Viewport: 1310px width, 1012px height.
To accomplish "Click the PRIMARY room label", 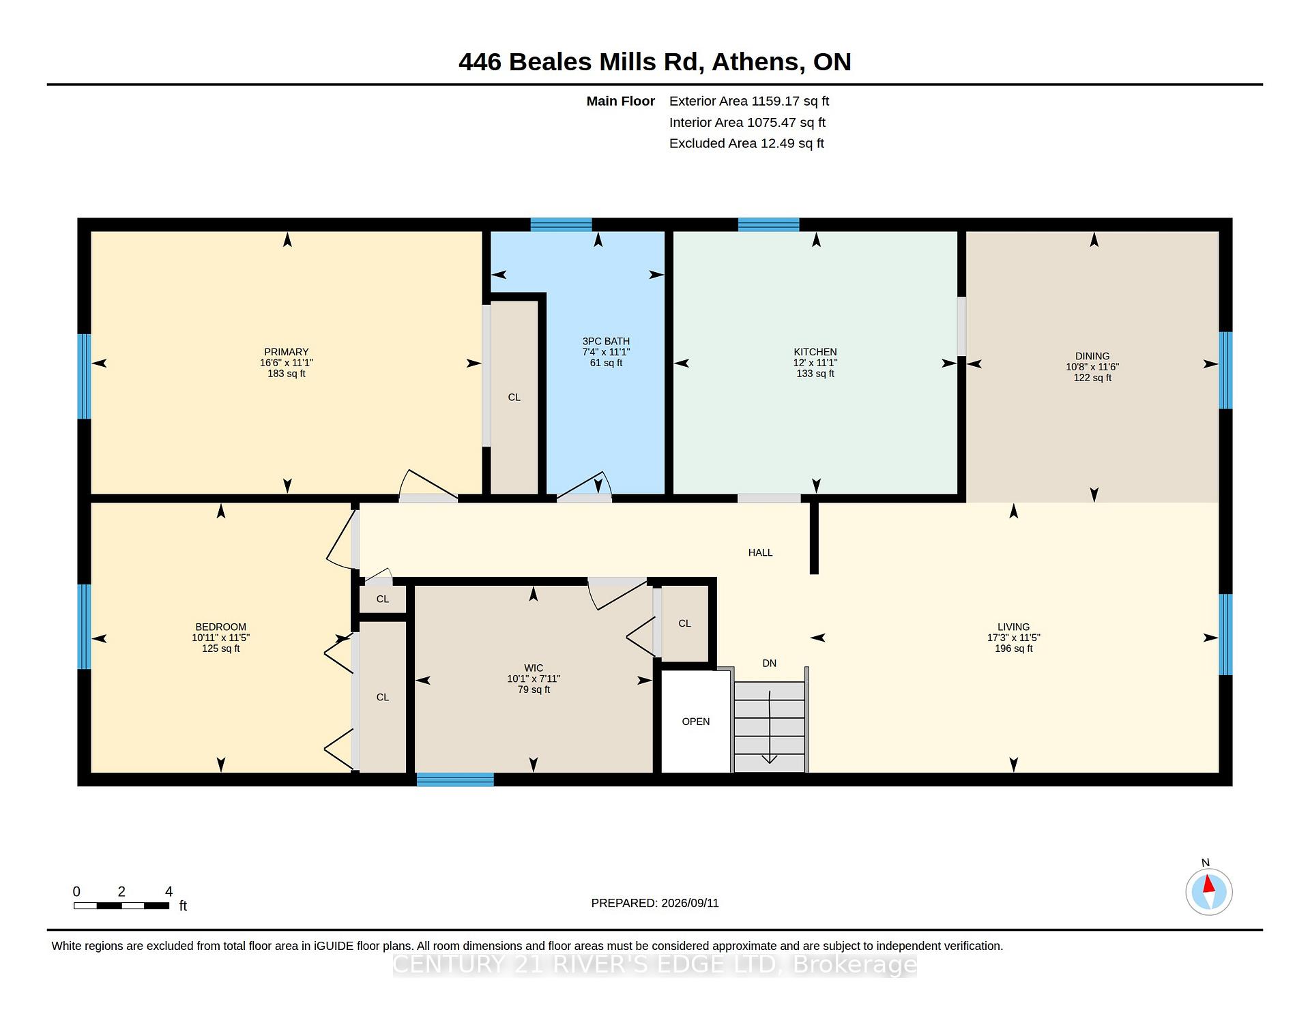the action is click(287, 352).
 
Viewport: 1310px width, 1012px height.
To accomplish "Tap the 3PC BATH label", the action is click(606, 341).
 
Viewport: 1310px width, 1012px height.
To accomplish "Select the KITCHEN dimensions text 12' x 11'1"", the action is click(815, 363).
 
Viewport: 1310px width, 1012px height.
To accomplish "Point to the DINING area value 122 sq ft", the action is click(1092, 378).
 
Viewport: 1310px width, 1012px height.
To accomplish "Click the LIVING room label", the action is click(1013, 627).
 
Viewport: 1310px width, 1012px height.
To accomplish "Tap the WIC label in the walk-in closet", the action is click(534, 668).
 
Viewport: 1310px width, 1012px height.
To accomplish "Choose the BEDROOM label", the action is click(220, 627).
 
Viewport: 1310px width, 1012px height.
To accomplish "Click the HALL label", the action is click(760, 552).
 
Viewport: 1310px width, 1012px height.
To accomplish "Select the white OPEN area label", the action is click(696, 721).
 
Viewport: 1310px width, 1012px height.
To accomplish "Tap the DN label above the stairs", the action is click(769, 663).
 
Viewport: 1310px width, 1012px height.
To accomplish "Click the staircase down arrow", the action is click(770, 727).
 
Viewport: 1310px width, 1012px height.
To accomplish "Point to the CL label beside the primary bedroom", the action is click(514, 397).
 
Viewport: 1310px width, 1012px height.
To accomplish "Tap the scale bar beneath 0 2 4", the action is click(121, 906).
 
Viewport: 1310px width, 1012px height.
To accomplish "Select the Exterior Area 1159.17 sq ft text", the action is click(749, 101).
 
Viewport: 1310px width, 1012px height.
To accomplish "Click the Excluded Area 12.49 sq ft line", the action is click(746, 143).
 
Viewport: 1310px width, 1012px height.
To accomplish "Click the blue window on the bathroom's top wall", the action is click(561, 224).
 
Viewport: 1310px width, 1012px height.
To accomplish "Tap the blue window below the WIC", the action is click(455, 779).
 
